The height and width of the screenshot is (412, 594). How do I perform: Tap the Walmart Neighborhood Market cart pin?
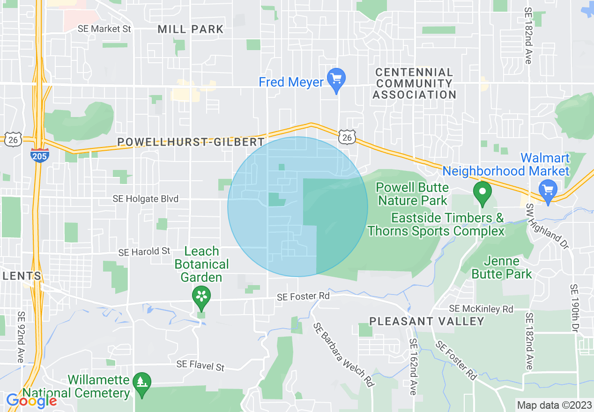pos(547,190)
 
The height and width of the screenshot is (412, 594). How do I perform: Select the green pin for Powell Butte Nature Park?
pos(482,193)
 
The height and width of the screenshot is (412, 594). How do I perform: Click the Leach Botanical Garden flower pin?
pos(201,296)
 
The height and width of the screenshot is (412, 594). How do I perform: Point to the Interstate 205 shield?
pos(39,155)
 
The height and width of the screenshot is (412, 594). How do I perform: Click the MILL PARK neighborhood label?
pos(191,29)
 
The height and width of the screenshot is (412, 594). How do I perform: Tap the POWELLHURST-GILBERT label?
pos(191,141)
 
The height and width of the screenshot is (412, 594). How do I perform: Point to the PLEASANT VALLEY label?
pos(427,321)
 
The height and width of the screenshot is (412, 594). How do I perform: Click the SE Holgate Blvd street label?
pos(146,199)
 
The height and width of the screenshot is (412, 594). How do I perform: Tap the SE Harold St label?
pos(144,252)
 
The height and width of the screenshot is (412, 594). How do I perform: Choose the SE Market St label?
pos(104,29)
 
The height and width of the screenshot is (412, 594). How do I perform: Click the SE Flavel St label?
pos(200,365)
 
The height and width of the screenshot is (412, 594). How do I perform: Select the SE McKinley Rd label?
pos(481,309)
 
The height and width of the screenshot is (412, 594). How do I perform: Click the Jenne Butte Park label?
pos(502,267)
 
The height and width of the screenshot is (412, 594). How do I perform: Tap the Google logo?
pos(31,401)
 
